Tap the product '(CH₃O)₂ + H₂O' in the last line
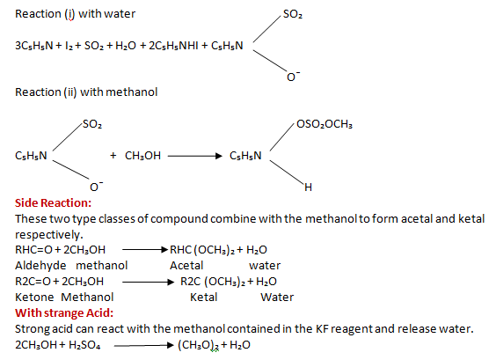(214, 345)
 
